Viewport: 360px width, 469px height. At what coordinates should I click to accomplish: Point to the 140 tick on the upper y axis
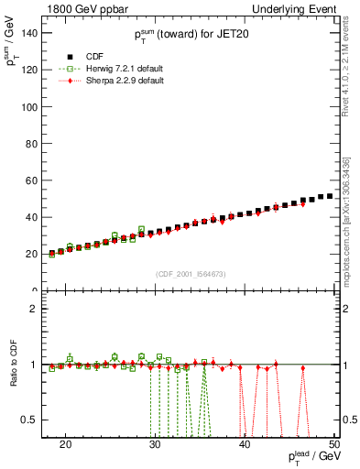30,33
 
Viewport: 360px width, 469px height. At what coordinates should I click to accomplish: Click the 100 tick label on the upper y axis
30,106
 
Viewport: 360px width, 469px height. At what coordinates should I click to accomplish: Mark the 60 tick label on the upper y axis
33,180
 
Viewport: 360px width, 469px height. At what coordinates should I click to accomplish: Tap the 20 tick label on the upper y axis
33,254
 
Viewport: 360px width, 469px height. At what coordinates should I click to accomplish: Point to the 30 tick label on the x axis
155,444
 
